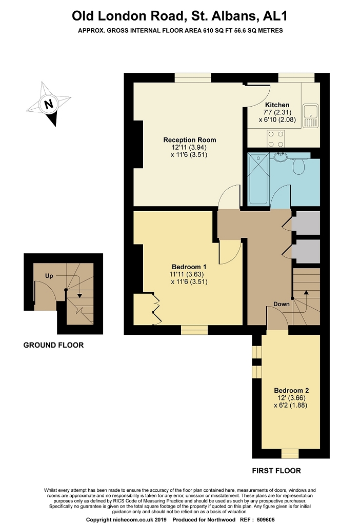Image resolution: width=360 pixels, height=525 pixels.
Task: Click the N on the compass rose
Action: pyautogui.click(x=49, y=104)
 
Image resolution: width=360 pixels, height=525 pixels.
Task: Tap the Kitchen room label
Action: pyautogui.click(x=277, y=105)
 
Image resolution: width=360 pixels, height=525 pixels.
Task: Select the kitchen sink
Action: pyautogui.click(x=310, y=115)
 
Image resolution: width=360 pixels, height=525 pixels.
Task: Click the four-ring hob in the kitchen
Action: pyautogui.click(x=275, y=138)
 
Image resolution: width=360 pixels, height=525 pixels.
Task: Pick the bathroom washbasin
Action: pyautogui.click(x=279, y=156)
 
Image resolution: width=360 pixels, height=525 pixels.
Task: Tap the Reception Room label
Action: pyautogui.click(x=190, y=140)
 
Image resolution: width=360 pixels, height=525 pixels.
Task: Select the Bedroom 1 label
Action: pyautogui.click(x=189, y=267)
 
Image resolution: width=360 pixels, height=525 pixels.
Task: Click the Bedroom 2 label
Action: pyautogui.click(x=291, y=390)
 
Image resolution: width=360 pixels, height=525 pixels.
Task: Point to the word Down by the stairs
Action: pyautogui.click(x=282, y=304)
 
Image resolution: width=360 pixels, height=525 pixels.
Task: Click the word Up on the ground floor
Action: pyautogui.click(x=49, y=276)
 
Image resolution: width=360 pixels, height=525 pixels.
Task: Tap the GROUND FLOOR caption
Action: pyautogui.click(x=53, y=345)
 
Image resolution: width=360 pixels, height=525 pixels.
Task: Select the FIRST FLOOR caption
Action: pyautogui.click(x=276, y=471)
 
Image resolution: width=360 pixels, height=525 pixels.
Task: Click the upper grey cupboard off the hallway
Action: pyautogui.click(x=306, y=223)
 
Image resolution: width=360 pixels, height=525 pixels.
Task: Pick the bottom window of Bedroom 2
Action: pyautogui.click(x=290, y=454)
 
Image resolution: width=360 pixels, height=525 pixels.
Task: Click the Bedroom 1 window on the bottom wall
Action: pyautogui.click(x=194, y=330)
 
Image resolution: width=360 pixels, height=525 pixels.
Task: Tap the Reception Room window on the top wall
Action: pyautogui.click(x=192, y=77)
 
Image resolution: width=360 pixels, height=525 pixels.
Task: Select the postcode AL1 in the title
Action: pyautogui.click(x=275, y=16)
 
